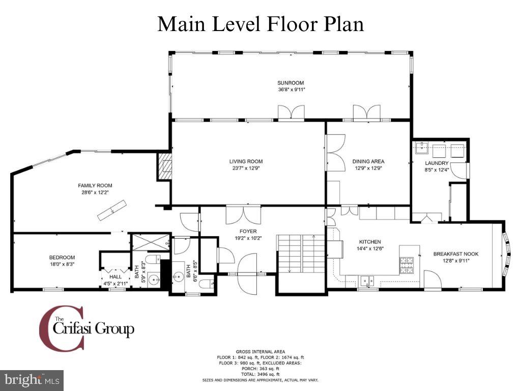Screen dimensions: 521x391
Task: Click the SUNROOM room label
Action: [291, 83]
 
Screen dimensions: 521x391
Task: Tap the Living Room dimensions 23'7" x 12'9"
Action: [246, 168]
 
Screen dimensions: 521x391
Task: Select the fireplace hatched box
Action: [165, 166]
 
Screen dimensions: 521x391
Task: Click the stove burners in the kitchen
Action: [407, 265]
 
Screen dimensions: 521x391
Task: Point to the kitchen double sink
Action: [367, 281]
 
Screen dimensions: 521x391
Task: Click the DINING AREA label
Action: [368, 161]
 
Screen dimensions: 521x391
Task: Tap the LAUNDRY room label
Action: [437, 163]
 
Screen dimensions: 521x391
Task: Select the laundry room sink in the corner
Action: [422, 147]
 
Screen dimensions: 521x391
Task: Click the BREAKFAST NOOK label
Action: [456, 254]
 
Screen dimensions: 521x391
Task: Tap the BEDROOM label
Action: [62, 257]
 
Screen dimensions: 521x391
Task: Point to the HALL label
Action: [115, 276]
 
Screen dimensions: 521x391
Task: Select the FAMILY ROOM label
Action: [95, 185]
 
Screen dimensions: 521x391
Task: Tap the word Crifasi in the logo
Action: [72, 329]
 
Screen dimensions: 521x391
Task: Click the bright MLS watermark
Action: [32, 379]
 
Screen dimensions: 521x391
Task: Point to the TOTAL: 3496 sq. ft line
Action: [260, 374]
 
